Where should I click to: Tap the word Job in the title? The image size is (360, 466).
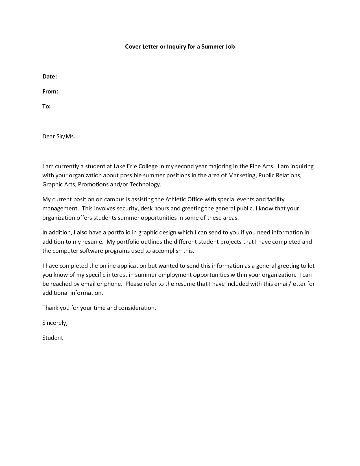(230, 47)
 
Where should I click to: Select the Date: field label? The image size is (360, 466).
(50, 77)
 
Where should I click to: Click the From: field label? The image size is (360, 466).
(50, 92)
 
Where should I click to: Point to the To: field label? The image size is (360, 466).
(47, 106)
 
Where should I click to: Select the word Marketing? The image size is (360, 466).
(242, 175)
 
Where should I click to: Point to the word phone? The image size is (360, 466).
(113, 284)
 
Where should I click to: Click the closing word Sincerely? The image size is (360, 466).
(55, 323)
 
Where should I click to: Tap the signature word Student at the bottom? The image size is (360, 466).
(53, 338)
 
